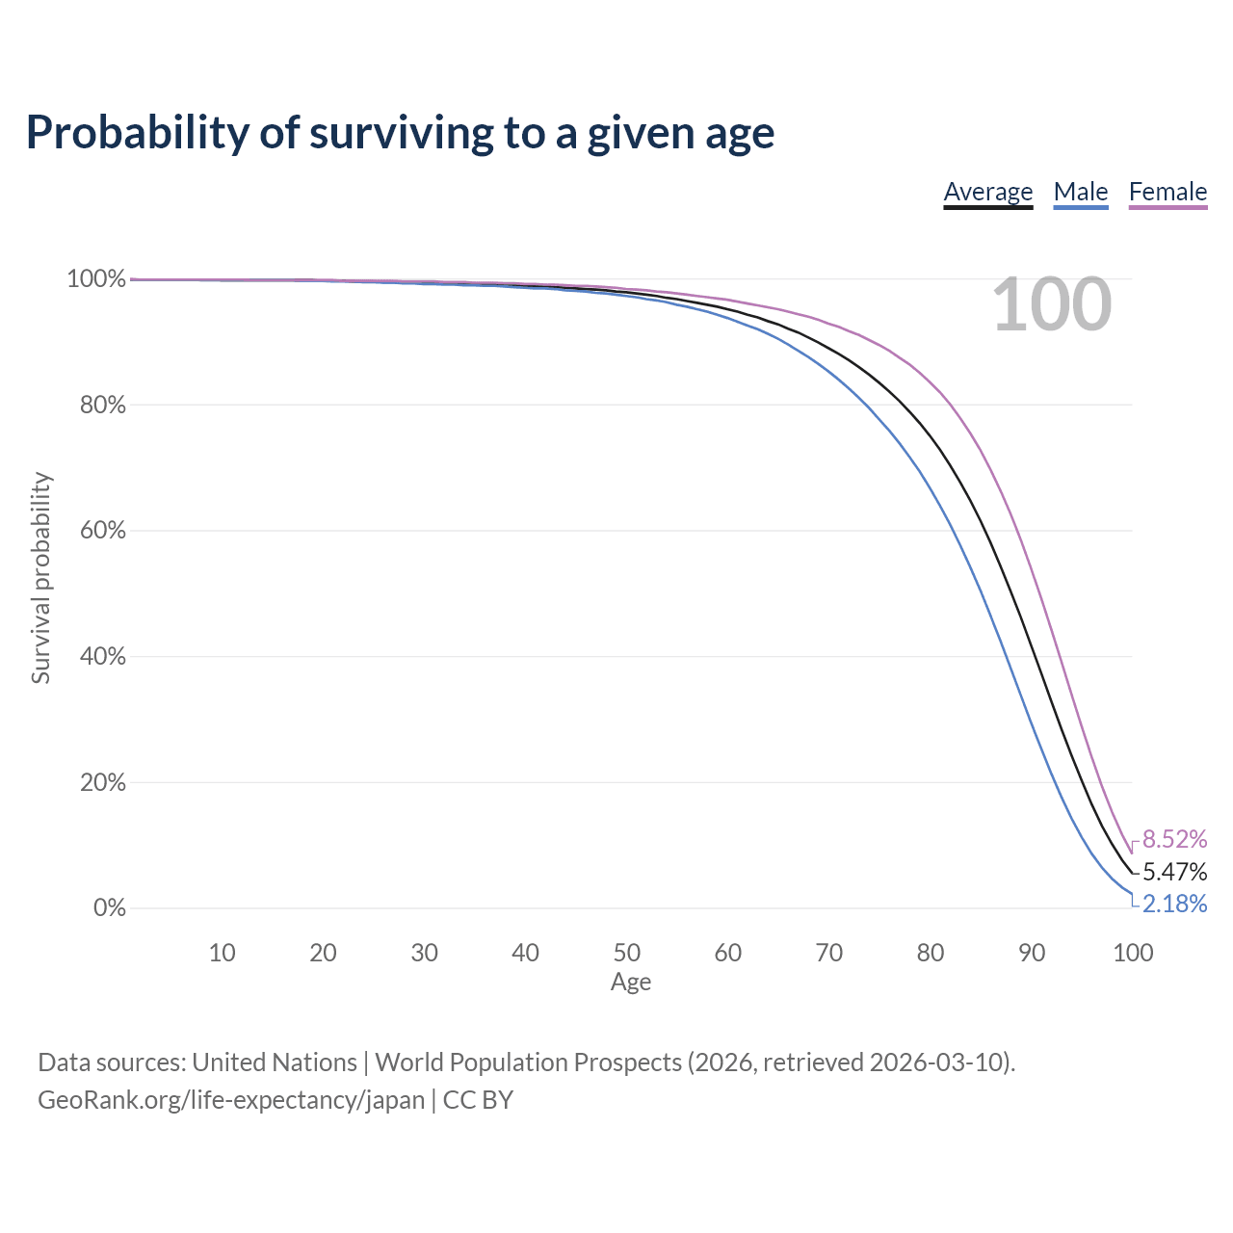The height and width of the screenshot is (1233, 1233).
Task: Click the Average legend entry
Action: [x=988, y=192]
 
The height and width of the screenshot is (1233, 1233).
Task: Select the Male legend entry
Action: [x=1081, y=192]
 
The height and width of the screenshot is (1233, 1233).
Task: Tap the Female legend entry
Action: [x=1167, y=192]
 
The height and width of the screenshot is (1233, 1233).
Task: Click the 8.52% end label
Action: [x=1175, y=839]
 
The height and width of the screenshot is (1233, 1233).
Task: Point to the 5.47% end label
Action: [x=1175, y=872]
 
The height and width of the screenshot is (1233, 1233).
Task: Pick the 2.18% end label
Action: [x=1175, y=904]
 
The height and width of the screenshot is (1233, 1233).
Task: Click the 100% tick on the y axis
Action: [x=96, y=279]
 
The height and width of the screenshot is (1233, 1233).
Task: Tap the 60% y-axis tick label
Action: [x=103, y=531]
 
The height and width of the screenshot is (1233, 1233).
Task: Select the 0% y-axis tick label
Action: [x=110, y=908]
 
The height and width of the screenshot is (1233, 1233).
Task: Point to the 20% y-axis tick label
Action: [x=103, y=782]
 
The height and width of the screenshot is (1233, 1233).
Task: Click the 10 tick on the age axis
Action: [x=222, y=953]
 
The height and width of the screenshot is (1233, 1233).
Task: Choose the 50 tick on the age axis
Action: [x=627, y=953]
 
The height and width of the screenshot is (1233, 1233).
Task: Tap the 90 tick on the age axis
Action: [x=1032, y=953]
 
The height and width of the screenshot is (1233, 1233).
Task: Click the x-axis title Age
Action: [x=631, y=983]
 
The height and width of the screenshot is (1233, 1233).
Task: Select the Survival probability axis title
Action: [x=41, y=578]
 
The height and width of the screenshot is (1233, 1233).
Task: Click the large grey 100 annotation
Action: [x=1051, y=304]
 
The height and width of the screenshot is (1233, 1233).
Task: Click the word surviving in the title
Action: [x=402, y=133]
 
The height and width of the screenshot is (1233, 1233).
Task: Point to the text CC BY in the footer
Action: [x=478, y=1100]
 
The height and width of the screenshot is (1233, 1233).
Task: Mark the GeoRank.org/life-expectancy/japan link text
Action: [x=231, y=1101]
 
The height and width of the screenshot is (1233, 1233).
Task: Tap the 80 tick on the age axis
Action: [x=931, y=953]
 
